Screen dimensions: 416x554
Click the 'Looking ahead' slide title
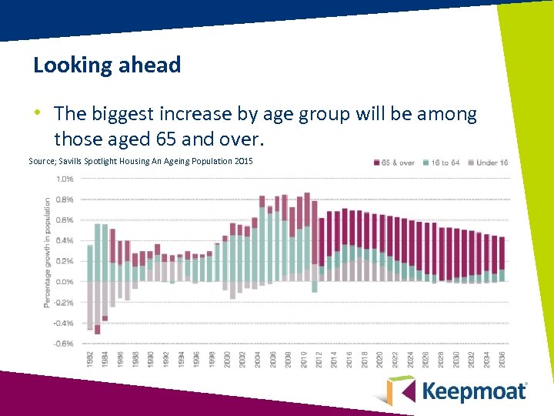107,65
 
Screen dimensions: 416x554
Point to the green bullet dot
38,113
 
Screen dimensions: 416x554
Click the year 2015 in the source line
242,161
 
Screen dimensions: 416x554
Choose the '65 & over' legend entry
398,163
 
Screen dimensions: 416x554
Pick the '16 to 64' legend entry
446,163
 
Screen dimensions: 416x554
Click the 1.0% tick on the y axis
65,179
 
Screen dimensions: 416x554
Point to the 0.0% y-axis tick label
65,282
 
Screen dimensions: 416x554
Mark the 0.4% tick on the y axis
65,240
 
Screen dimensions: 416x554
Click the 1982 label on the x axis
90,361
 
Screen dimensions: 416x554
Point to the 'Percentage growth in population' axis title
47,253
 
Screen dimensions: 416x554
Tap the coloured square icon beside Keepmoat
400,390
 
